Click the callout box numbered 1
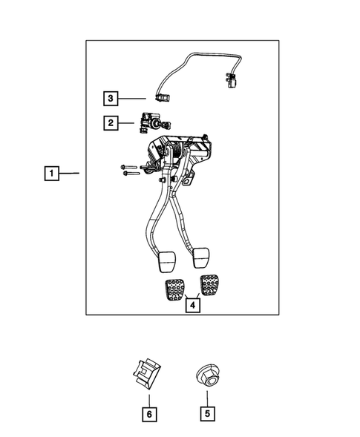coord(52,174)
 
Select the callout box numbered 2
coord(110,123)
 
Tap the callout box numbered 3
coord(110,98)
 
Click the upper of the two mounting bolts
coord(127,166)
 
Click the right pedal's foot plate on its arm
coord(200,258)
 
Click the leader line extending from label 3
coord(134,98)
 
